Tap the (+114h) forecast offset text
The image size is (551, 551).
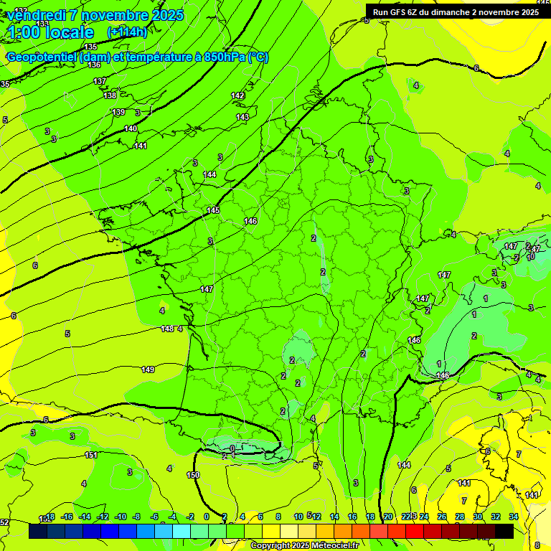(127, 32)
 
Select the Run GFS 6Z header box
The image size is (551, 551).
(456, 11)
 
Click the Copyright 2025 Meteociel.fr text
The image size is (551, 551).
(304, 546)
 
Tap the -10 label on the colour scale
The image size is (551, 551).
(120, 517)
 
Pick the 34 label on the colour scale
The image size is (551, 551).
(514, 517)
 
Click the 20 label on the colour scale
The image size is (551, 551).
(388, 517)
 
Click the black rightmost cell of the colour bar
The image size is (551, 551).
(504, 531)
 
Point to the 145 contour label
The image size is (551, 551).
(213, 210)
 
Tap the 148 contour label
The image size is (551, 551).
(167, 329)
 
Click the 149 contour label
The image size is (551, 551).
(148, 369)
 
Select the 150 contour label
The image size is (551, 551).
(193, 475)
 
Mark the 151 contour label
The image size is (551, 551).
(91, 455)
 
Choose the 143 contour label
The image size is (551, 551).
(242, 117)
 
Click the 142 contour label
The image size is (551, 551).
(238, 95)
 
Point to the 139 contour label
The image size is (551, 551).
(118, 112)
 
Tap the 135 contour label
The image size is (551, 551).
(90, 47)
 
